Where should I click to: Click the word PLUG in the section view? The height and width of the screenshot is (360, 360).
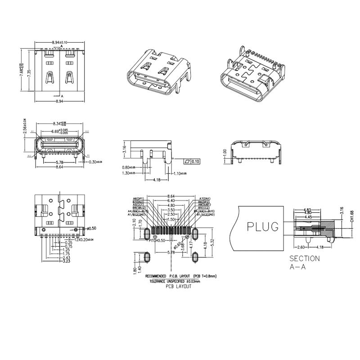tap(264, 226)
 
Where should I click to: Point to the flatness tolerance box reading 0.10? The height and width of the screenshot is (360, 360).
tap(193, 161)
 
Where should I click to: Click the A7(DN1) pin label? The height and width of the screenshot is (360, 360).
tap(204, 198)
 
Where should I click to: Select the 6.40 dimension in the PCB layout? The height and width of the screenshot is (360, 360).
tap(171, 201)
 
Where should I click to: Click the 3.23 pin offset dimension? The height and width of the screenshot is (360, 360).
tap(66, 261)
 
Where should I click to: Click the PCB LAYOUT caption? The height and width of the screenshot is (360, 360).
tap(179, 287)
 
